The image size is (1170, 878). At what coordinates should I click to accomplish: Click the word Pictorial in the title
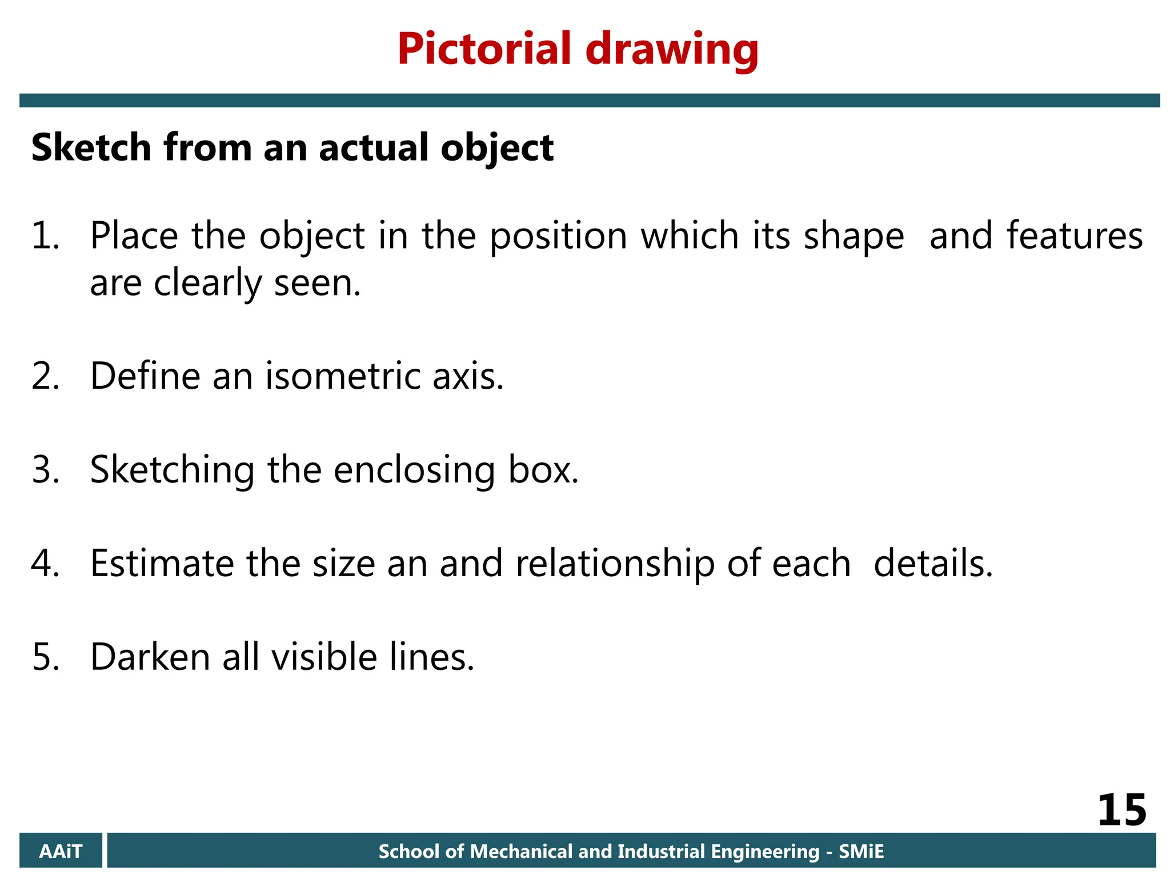tap(484, 49)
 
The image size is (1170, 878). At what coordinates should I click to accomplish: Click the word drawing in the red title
tap(672, 50)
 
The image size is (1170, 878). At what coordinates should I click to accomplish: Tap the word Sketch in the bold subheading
tap(91, 147)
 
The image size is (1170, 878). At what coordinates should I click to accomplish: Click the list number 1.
tap(45, 236)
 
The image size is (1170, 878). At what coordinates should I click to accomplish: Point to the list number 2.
tap(45, 376)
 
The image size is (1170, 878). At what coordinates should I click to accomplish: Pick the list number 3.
tap(45, 470)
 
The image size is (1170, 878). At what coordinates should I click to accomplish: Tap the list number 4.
tap(45, 563)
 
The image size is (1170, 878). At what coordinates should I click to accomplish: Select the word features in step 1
tap(1074, 236)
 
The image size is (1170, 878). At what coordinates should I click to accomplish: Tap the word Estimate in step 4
tap(162, 563)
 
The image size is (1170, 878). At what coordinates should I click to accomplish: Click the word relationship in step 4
tap(615, 564)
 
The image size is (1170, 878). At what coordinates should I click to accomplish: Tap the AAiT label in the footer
tap(61, 852)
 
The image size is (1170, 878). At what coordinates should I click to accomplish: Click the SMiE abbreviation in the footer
tap(861, 852)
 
